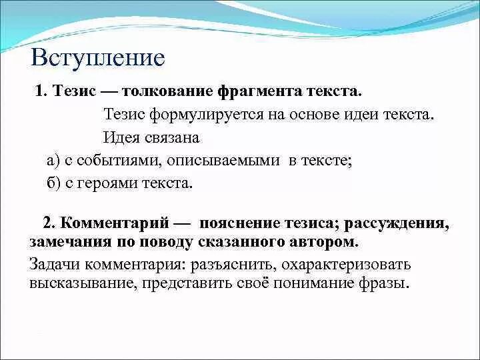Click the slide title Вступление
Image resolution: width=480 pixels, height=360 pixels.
click(97, 57)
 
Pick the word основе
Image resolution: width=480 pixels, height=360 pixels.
click(315, 114)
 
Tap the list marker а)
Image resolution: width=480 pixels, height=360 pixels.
click(54, 160)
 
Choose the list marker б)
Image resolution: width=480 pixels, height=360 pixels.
click(54, 183)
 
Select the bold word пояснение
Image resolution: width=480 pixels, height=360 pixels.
click(246, 223)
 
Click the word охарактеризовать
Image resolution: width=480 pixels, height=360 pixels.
click(347, 264)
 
